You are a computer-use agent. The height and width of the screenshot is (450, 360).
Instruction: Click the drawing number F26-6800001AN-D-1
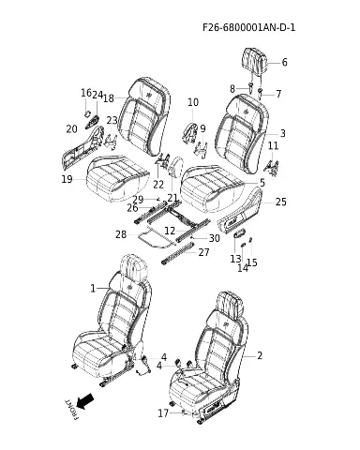(248, 27)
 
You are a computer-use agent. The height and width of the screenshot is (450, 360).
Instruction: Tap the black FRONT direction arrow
(85, 401)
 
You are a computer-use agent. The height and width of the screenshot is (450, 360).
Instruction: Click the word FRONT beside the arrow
(71, 409)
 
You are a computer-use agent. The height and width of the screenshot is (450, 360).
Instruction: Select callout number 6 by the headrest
(284, 62)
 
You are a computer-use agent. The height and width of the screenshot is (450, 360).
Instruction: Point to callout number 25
(280, 202)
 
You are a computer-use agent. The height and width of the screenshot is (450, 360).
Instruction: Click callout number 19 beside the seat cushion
(67, 179)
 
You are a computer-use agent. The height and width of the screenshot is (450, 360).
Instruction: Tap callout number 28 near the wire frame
(121, 234)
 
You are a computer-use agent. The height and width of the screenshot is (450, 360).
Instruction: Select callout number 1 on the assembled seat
(93, 288)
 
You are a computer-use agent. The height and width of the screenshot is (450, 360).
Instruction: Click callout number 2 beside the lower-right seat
(260, 355)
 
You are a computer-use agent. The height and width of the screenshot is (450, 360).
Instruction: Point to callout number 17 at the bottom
(163, 413)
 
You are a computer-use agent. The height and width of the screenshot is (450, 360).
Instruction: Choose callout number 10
(193, 102)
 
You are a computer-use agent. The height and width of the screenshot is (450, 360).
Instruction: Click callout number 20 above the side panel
(71, 128)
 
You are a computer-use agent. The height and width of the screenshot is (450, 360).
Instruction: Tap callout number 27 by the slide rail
(203, 252)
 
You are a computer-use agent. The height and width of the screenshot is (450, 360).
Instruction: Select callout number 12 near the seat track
(170, 231)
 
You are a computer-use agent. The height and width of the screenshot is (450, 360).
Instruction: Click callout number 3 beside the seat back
(282, 133)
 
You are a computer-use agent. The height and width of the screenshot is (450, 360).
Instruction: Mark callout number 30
(214, 238)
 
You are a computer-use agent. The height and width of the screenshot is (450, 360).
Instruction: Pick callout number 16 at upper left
(86, 93)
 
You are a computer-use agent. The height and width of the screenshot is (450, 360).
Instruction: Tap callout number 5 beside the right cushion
(262, 183)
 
